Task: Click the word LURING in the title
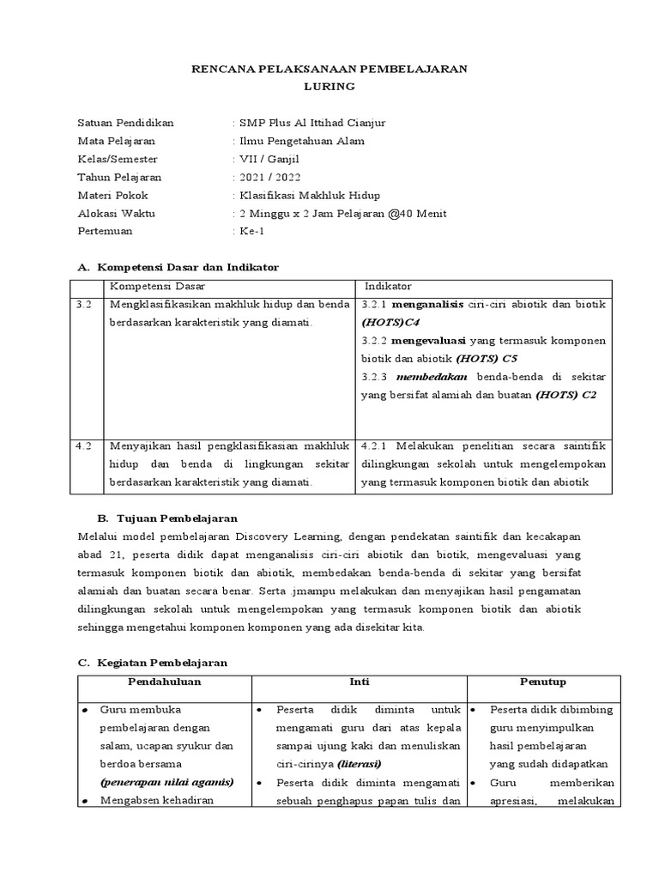(x=329, y=87)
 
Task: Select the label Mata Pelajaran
(x=117, y=141)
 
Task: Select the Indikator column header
(x=388, y=286)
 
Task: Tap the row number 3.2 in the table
(x=83, y=305)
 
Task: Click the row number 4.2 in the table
(x=83, y=446)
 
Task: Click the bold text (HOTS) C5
(x=487, y=358)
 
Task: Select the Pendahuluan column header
(x=164, y=682)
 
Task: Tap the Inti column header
(x=359, y=682)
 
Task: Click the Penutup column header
(x=543, y=682)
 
